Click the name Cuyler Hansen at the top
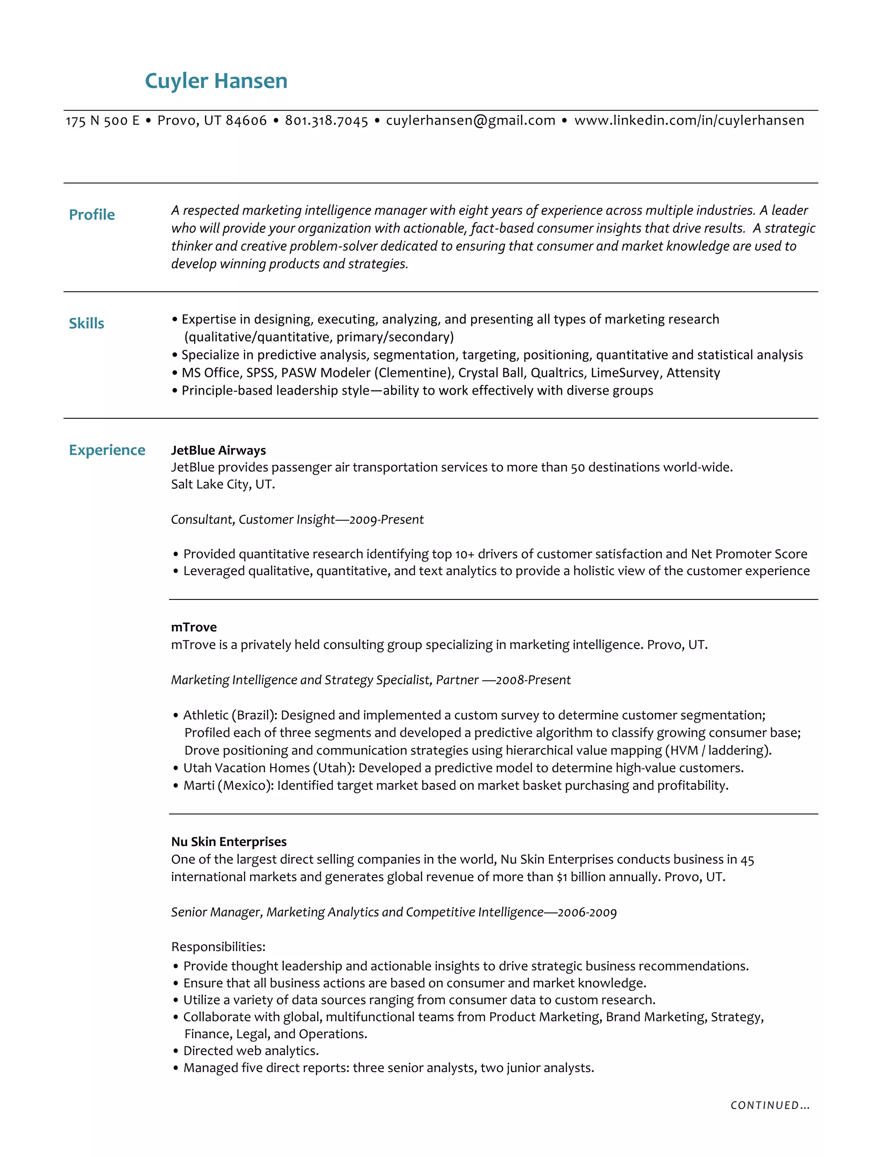click(x=216, y=81)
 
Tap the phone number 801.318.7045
click(x=326, y=121)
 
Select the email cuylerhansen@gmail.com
click(x=470, y=121)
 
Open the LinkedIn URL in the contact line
click(x=689, y=121)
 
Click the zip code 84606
click(x=246, y=121)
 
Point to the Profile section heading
click(x=92, y=214)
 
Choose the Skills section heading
click(x=87, y=323)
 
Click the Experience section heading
click(x=107, y=450)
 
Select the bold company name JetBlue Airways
click(x=219, y=450)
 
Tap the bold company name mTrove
click(x=194, y=627)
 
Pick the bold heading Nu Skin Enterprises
click(x=229, y=842)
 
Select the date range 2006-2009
click(x=587, y=912)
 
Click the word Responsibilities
click(x=218, y=947)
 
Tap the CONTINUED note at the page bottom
click(x=769, y=1105)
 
